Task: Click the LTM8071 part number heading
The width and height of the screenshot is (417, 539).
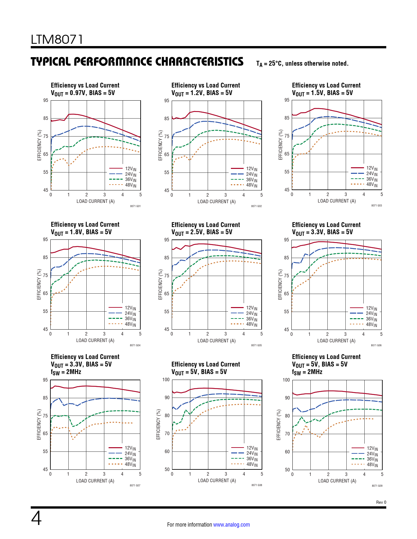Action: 57,40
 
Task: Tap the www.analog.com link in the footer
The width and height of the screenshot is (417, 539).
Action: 231,525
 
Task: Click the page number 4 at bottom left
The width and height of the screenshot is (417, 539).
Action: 36,518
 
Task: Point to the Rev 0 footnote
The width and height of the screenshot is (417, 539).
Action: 381,502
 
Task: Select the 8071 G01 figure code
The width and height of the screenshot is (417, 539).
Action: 135,206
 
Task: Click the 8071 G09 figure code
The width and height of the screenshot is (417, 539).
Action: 377,486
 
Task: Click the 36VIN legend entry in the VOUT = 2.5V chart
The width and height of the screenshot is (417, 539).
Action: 252,319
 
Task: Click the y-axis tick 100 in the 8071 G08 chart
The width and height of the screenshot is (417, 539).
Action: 166,380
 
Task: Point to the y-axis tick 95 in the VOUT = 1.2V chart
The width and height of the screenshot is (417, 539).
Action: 167,101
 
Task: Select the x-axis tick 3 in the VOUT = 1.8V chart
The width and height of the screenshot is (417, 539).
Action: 104,334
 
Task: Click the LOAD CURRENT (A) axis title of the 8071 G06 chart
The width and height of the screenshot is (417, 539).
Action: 336,341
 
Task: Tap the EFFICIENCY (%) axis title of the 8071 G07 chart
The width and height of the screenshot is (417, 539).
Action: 39,424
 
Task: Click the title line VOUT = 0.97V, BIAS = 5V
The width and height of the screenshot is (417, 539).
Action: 83,93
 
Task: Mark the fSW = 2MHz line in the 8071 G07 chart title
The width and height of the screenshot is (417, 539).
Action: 66,372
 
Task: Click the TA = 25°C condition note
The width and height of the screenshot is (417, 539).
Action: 302,64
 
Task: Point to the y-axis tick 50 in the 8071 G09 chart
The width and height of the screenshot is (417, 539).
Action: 287,470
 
